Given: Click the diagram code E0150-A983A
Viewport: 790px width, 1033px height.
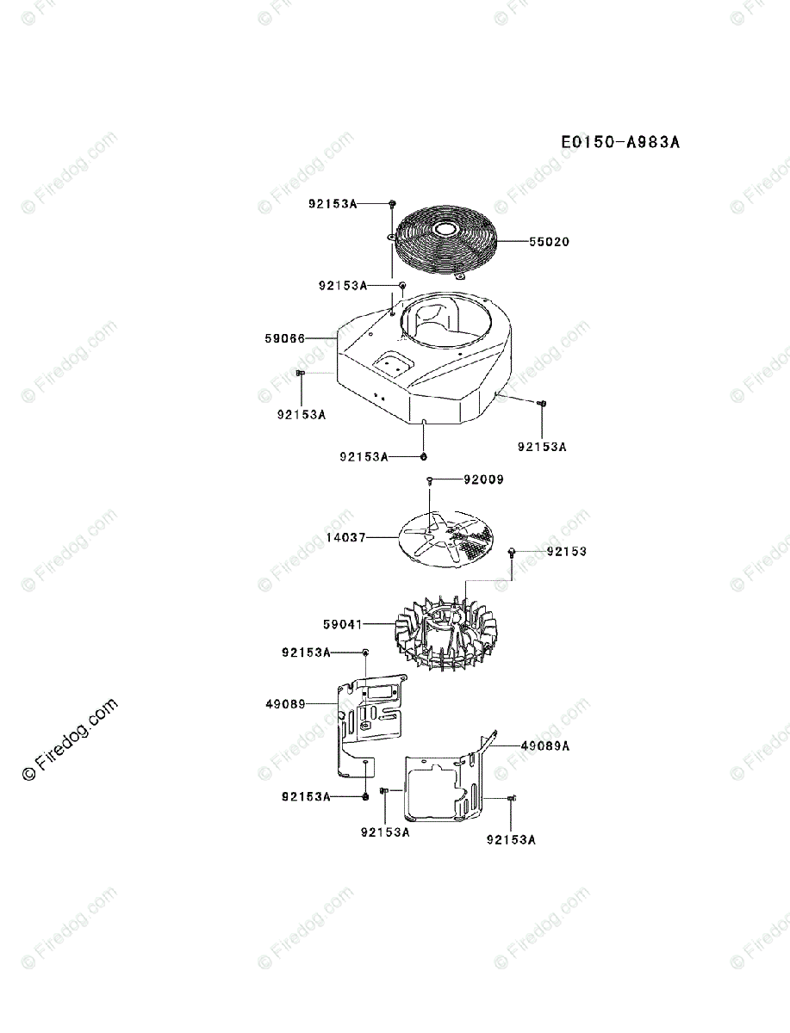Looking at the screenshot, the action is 619,142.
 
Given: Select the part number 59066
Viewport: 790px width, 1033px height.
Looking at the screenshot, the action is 284,339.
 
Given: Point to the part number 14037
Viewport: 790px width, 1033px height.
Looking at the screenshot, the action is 345,537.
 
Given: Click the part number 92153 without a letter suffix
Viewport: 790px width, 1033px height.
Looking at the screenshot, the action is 566,551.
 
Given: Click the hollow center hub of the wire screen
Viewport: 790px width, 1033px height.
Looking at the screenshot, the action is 447,230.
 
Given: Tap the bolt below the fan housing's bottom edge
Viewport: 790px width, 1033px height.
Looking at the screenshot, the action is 424,455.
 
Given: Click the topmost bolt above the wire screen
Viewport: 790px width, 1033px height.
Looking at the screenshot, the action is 392,204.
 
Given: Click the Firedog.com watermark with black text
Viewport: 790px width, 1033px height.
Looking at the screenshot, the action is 69,738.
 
